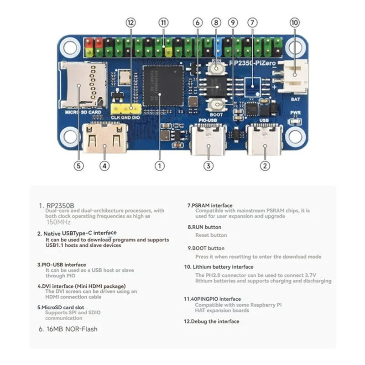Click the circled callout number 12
tap(131, 22)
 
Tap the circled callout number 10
tap(295, 22)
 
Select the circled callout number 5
tap(78, 166)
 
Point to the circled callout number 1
tap(159, 166)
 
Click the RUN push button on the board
tap(216, 69)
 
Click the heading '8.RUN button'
tap(204, 227)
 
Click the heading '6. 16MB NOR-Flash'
tap(68, 328)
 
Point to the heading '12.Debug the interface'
tap(211, 321)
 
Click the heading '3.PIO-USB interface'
tap(62, 264)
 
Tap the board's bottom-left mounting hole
tap(69, 136)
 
